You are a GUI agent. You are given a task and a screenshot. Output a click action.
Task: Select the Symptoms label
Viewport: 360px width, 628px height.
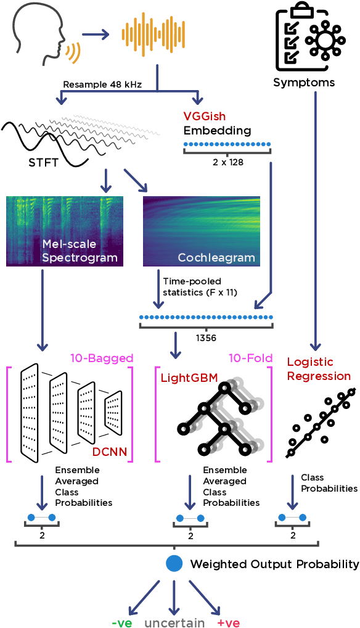tap(304, 82)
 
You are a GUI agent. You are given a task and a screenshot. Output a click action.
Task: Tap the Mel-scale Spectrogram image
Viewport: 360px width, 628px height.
tap(65, 231)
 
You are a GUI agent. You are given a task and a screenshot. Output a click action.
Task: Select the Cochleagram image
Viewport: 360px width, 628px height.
tap(201, 231)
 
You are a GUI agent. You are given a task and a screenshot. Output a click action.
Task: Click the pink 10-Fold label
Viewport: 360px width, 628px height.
tap(247, 358)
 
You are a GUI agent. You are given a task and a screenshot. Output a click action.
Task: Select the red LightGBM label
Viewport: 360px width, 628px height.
tap(185, 377)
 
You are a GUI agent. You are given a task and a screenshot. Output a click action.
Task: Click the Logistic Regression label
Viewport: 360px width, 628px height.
tap(319, 369)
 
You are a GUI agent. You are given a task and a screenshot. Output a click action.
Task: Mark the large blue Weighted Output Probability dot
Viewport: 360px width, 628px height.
tap(175, 564)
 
